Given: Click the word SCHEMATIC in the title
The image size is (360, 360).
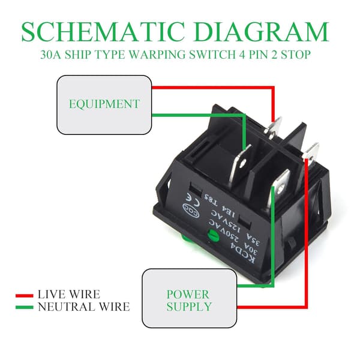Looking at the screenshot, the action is pyautogui.click(x=103, y=32).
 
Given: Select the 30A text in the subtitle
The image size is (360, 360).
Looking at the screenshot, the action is pyautogui.click(x=50, y=55).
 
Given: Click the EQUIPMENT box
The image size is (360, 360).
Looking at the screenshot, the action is pyautogui.click(x=104, y=104).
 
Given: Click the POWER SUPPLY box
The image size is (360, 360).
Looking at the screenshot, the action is pyautogui.click(x=190, y=298).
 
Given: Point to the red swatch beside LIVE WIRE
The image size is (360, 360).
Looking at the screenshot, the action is pyautogui.click(x=25, y=295).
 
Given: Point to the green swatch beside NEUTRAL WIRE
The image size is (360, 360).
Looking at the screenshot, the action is pyautogui.click(x=25, y=307).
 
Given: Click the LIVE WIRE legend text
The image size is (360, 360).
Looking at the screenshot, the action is pyautogui.click(x=69, y=295).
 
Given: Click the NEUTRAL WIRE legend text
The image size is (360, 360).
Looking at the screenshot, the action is pyautogui.click(x=84, y=307).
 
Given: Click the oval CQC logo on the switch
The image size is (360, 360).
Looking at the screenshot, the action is pyautogui.click(x=191, y=211).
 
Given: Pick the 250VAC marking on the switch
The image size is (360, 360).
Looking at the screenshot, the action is pyautogui.click(x=224, y=231).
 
